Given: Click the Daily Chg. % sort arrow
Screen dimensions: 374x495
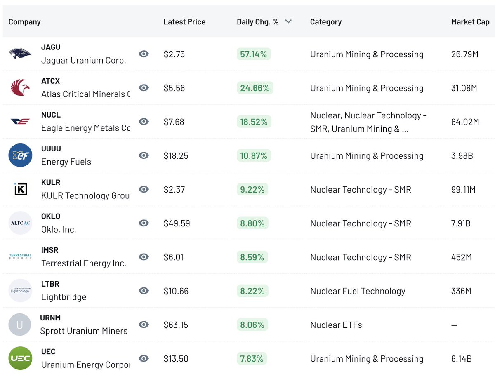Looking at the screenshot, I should tap(288, 22).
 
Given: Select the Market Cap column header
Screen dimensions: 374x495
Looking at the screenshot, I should tap(470, 22).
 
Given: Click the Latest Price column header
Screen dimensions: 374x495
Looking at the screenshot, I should tap(184, 22).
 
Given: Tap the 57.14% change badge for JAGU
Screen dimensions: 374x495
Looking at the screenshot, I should tap(253, 54).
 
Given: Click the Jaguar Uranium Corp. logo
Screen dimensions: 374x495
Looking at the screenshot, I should tap(20, 54).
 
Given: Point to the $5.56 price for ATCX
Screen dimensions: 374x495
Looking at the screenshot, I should tap(174, 88).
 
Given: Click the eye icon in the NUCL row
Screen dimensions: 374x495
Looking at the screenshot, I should tap(144, 122).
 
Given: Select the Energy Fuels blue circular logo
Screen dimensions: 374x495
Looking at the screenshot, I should tap(20, 155).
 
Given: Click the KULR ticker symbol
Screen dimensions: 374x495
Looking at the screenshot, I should tap(51, 182).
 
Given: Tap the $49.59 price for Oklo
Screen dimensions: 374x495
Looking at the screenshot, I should tap(177, 223).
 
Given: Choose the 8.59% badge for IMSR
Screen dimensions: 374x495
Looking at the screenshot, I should tap(252, 257).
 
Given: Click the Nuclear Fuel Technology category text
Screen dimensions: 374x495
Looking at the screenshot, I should tap(358, 291).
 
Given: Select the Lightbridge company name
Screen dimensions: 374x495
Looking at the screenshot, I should tap(64, 297).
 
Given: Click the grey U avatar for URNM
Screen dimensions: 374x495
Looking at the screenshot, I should tap(20, 325).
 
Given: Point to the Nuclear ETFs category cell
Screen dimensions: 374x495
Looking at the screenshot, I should tap(336, 325).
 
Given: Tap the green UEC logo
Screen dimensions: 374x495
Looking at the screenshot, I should tap(20, 358).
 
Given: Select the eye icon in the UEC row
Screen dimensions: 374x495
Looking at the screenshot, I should tap(144, 358).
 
